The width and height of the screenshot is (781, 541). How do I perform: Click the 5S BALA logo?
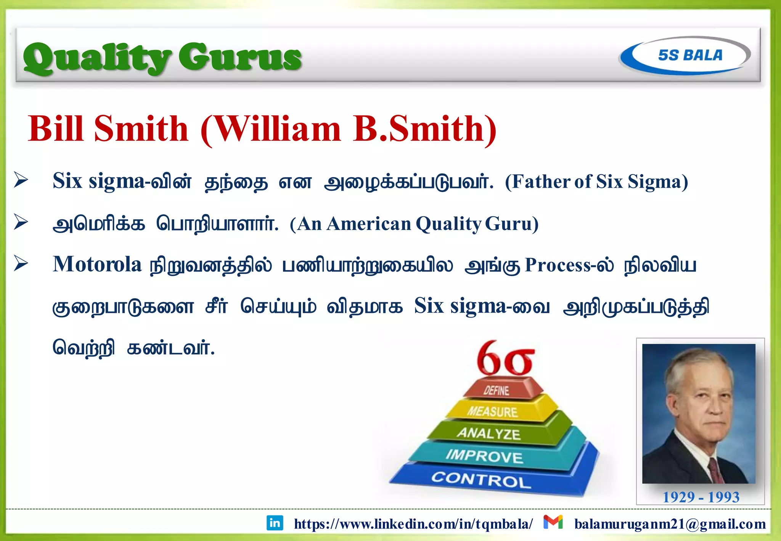point(685,56)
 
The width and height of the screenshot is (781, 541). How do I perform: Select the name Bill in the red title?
point(56,129)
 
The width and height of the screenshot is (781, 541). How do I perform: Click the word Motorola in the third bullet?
point(97,264)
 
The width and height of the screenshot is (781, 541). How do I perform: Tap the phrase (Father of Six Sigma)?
point(596,182)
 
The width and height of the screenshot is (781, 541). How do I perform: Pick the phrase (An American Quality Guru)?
point(414,224)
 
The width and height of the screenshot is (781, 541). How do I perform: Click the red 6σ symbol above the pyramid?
point(505,359)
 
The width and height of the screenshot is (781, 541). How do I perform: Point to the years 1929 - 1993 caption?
point(701,497)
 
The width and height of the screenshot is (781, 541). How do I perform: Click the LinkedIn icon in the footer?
point(275,523)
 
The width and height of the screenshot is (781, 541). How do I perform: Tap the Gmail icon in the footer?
point(553,522)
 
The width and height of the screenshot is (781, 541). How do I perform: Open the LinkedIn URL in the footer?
point(413,524)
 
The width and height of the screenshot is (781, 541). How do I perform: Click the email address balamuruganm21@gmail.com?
point(670,524)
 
